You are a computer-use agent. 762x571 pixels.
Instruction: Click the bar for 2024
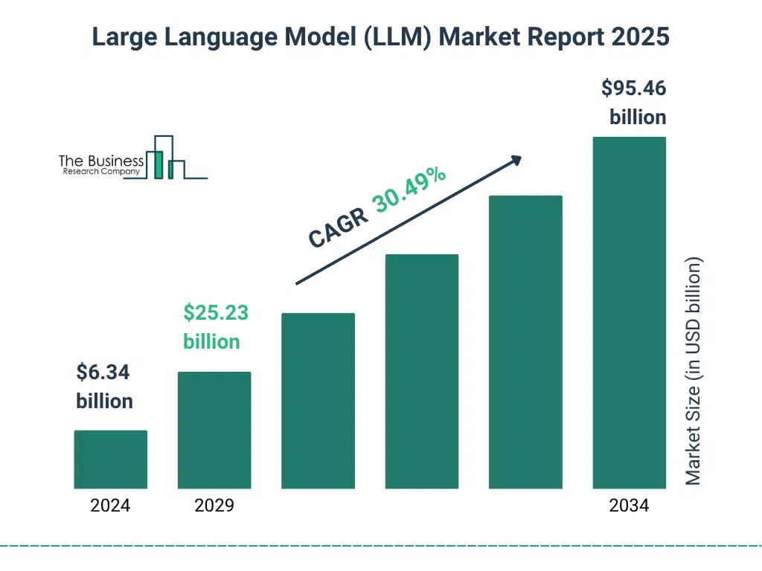pyautogui.click(x=111, y=459)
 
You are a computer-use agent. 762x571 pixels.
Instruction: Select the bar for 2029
pyautogui.click(x=214, y=430)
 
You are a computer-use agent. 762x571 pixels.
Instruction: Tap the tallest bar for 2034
pyautogui.click(x=629, y=312)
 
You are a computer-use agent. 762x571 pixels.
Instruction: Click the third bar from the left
pyautogui.click(x=318, y=401)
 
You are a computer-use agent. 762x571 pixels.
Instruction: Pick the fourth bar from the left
pyautogui.click(x=422, y=371)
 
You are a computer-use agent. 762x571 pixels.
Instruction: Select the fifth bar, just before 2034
pyautogui.click(x=525, y=342)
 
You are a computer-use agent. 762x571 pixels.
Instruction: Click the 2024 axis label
pyautogui.click(x=110, y=506)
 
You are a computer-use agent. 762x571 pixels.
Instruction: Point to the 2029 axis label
pyautogui.click(x=214, y=506)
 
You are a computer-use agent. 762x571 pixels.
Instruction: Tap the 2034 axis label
pyautogui.click(x=629, y=506)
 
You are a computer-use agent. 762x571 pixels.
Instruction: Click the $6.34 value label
pyautogui.click(x=103, y=372)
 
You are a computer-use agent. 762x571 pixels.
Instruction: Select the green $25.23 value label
pyautogui.click(x=216, y=313)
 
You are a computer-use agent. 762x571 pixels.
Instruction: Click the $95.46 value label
pyautogui.click(x=633, y=88)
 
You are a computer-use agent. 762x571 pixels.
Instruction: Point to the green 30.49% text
pyautogui.click(x=409, y=190)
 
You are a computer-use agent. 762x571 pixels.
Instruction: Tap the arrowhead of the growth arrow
pyautogui.click(x=515, y=160)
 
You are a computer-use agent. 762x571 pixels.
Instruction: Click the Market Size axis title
pyautogui.click(x=694, y=372)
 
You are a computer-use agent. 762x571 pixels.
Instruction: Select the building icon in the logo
pyautogui.click(x=164, y=158)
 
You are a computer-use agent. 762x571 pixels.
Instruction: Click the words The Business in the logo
pyautogui.click(x=101, y=161)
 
